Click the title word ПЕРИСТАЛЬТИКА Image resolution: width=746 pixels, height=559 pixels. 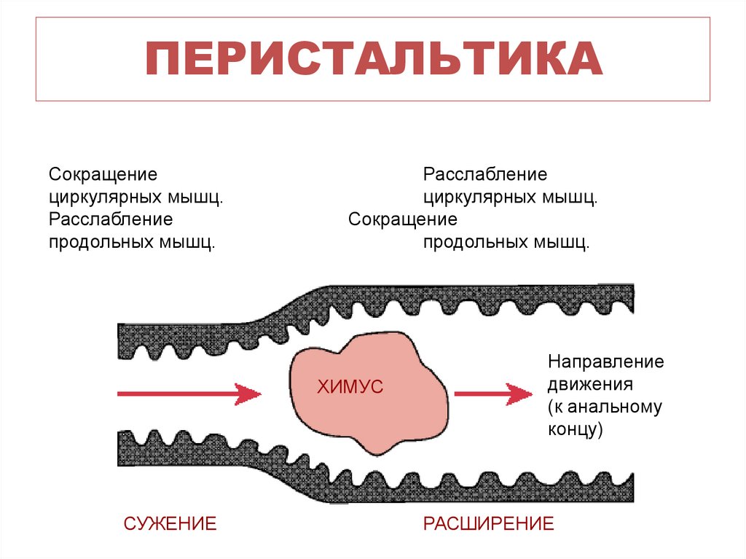(x=373, y=60)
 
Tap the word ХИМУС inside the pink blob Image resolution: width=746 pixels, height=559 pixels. (x=349, y=388)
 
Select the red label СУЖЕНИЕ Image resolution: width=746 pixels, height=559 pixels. (x=170, y=523)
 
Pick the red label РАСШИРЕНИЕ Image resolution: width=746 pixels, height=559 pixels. (x=489, y=523)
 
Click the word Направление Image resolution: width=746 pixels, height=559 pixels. (x=605, y=361)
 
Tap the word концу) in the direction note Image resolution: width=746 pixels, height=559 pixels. (x=576, y=429)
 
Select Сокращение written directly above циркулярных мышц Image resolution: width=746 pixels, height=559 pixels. (x=103, y=175)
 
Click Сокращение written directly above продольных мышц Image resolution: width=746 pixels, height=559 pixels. (x=402, y=219)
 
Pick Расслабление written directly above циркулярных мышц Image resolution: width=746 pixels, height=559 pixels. (x=485, y=175)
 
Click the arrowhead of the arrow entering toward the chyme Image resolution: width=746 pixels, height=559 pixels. (x=249, y=394)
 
